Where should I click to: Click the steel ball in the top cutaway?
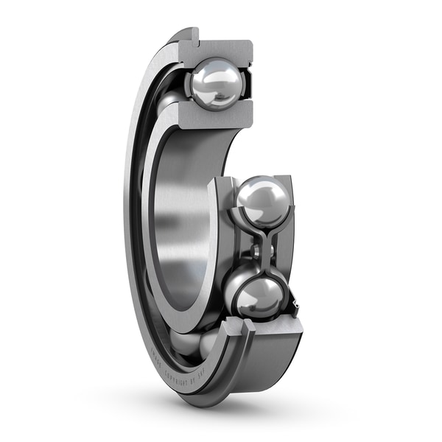point(216,84)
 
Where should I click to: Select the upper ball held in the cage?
point(264,200)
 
